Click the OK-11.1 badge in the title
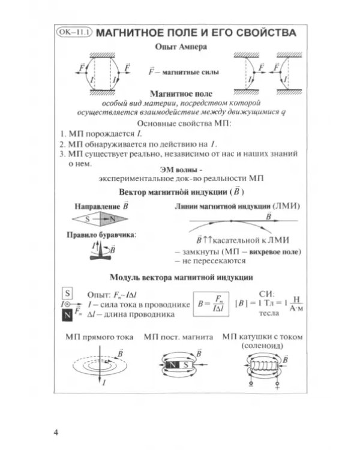(x=74, y=32)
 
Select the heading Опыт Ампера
(x=181, y=47)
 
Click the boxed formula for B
(x=211, y=304)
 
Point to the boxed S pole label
(x=67, y=293)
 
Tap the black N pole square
(x=67, y=315)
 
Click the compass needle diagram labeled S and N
(x=100, y=219)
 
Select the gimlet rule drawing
(x=101, y=250)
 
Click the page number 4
(x=56, y=432)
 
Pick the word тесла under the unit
(x=269, y=313)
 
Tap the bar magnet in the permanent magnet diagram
(x=179, y=365)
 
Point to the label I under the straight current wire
(x=104, y=383)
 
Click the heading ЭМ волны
(x=181, y=170)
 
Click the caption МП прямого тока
(x=100, y=337)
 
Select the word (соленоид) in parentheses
(x=262, y=346)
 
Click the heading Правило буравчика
(x=101, y=235)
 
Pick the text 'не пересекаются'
(x=214, y=261)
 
